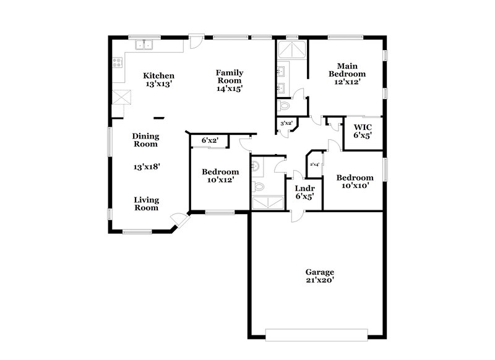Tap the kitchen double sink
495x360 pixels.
pyautogui.click(x=145, y=45)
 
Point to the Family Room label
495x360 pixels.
pyautogui.click(x=229, y=76)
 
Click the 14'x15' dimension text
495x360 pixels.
pyautogui.click(x=229, y=88)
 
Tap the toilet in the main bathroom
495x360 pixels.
pyautogui.click(x=285, y=106)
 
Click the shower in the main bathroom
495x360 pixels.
pyautogui.click(x=291, y=49)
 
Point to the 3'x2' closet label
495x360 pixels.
pyautogui.click(x=286, y=124)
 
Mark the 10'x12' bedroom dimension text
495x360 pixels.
pyautogui.click(x=220, y=181)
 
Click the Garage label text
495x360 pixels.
pyautogui.click(x=320, y=272)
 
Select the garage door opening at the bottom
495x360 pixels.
pyautogui.click(x=316, y=337)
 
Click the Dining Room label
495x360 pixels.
pyautogui.click(x=145, y=140)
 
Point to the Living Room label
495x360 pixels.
pyautogui.click(x=147, y=204)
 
